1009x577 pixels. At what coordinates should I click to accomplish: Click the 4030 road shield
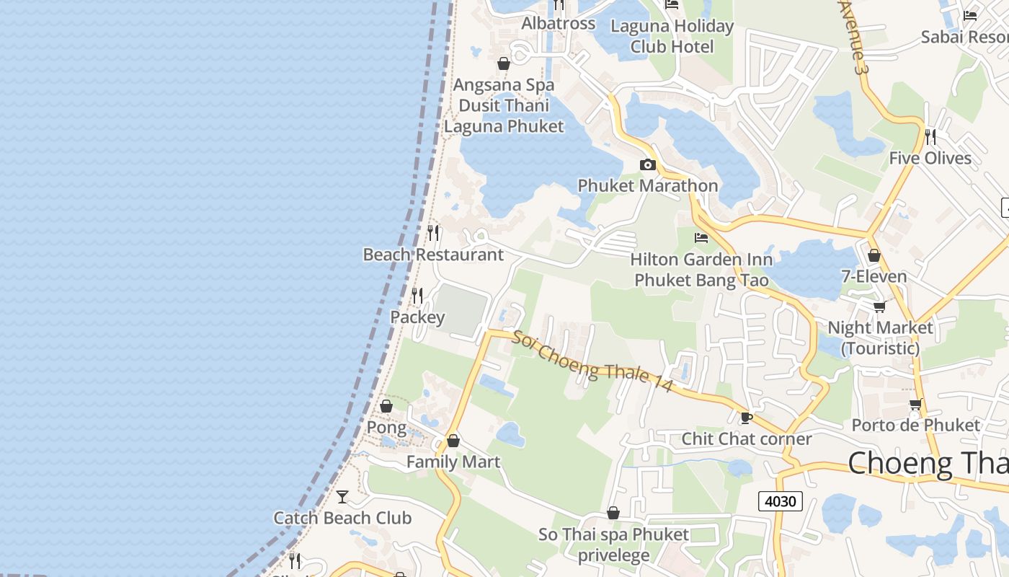[780, 501]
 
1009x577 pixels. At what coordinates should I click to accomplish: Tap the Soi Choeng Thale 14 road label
[592, 362]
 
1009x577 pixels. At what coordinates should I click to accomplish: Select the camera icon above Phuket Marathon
[647, 165]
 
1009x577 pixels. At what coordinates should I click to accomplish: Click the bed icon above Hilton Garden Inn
[701, 238]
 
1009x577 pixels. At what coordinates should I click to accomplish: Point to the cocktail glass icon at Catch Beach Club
[342, 497]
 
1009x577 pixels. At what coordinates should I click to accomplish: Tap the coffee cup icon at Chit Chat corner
[746, 418]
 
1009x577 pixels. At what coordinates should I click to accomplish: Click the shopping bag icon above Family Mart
[453, 441]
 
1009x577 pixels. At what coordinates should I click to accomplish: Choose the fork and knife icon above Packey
[417, 295]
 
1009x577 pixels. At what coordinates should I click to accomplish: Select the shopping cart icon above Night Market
[879, 307]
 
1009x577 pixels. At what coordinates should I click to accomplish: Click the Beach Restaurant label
[433, 255]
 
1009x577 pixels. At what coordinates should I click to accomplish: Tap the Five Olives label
[930, 158]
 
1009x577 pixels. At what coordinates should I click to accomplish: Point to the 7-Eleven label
[874, 276]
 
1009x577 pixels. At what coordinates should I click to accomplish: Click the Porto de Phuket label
[915, 425]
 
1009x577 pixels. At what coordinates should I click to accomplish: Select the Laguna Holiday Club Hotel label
[672, 37]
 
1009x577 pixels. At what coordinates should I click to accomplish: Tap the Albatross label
[559, 23]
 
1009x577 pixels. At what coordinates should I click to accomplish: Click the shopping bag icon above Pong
[386, 406]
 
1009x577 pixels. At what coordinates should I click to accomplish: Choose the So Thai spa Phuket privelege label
[614, 545]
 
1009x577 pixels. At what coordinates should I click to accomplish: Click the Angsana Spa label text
[504, 85]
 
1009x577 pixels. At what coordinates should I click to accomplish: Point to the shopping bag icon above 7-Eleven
[874, 255]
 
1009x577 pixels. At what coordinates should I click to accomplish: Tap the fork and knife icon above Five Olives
[930, 136]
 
